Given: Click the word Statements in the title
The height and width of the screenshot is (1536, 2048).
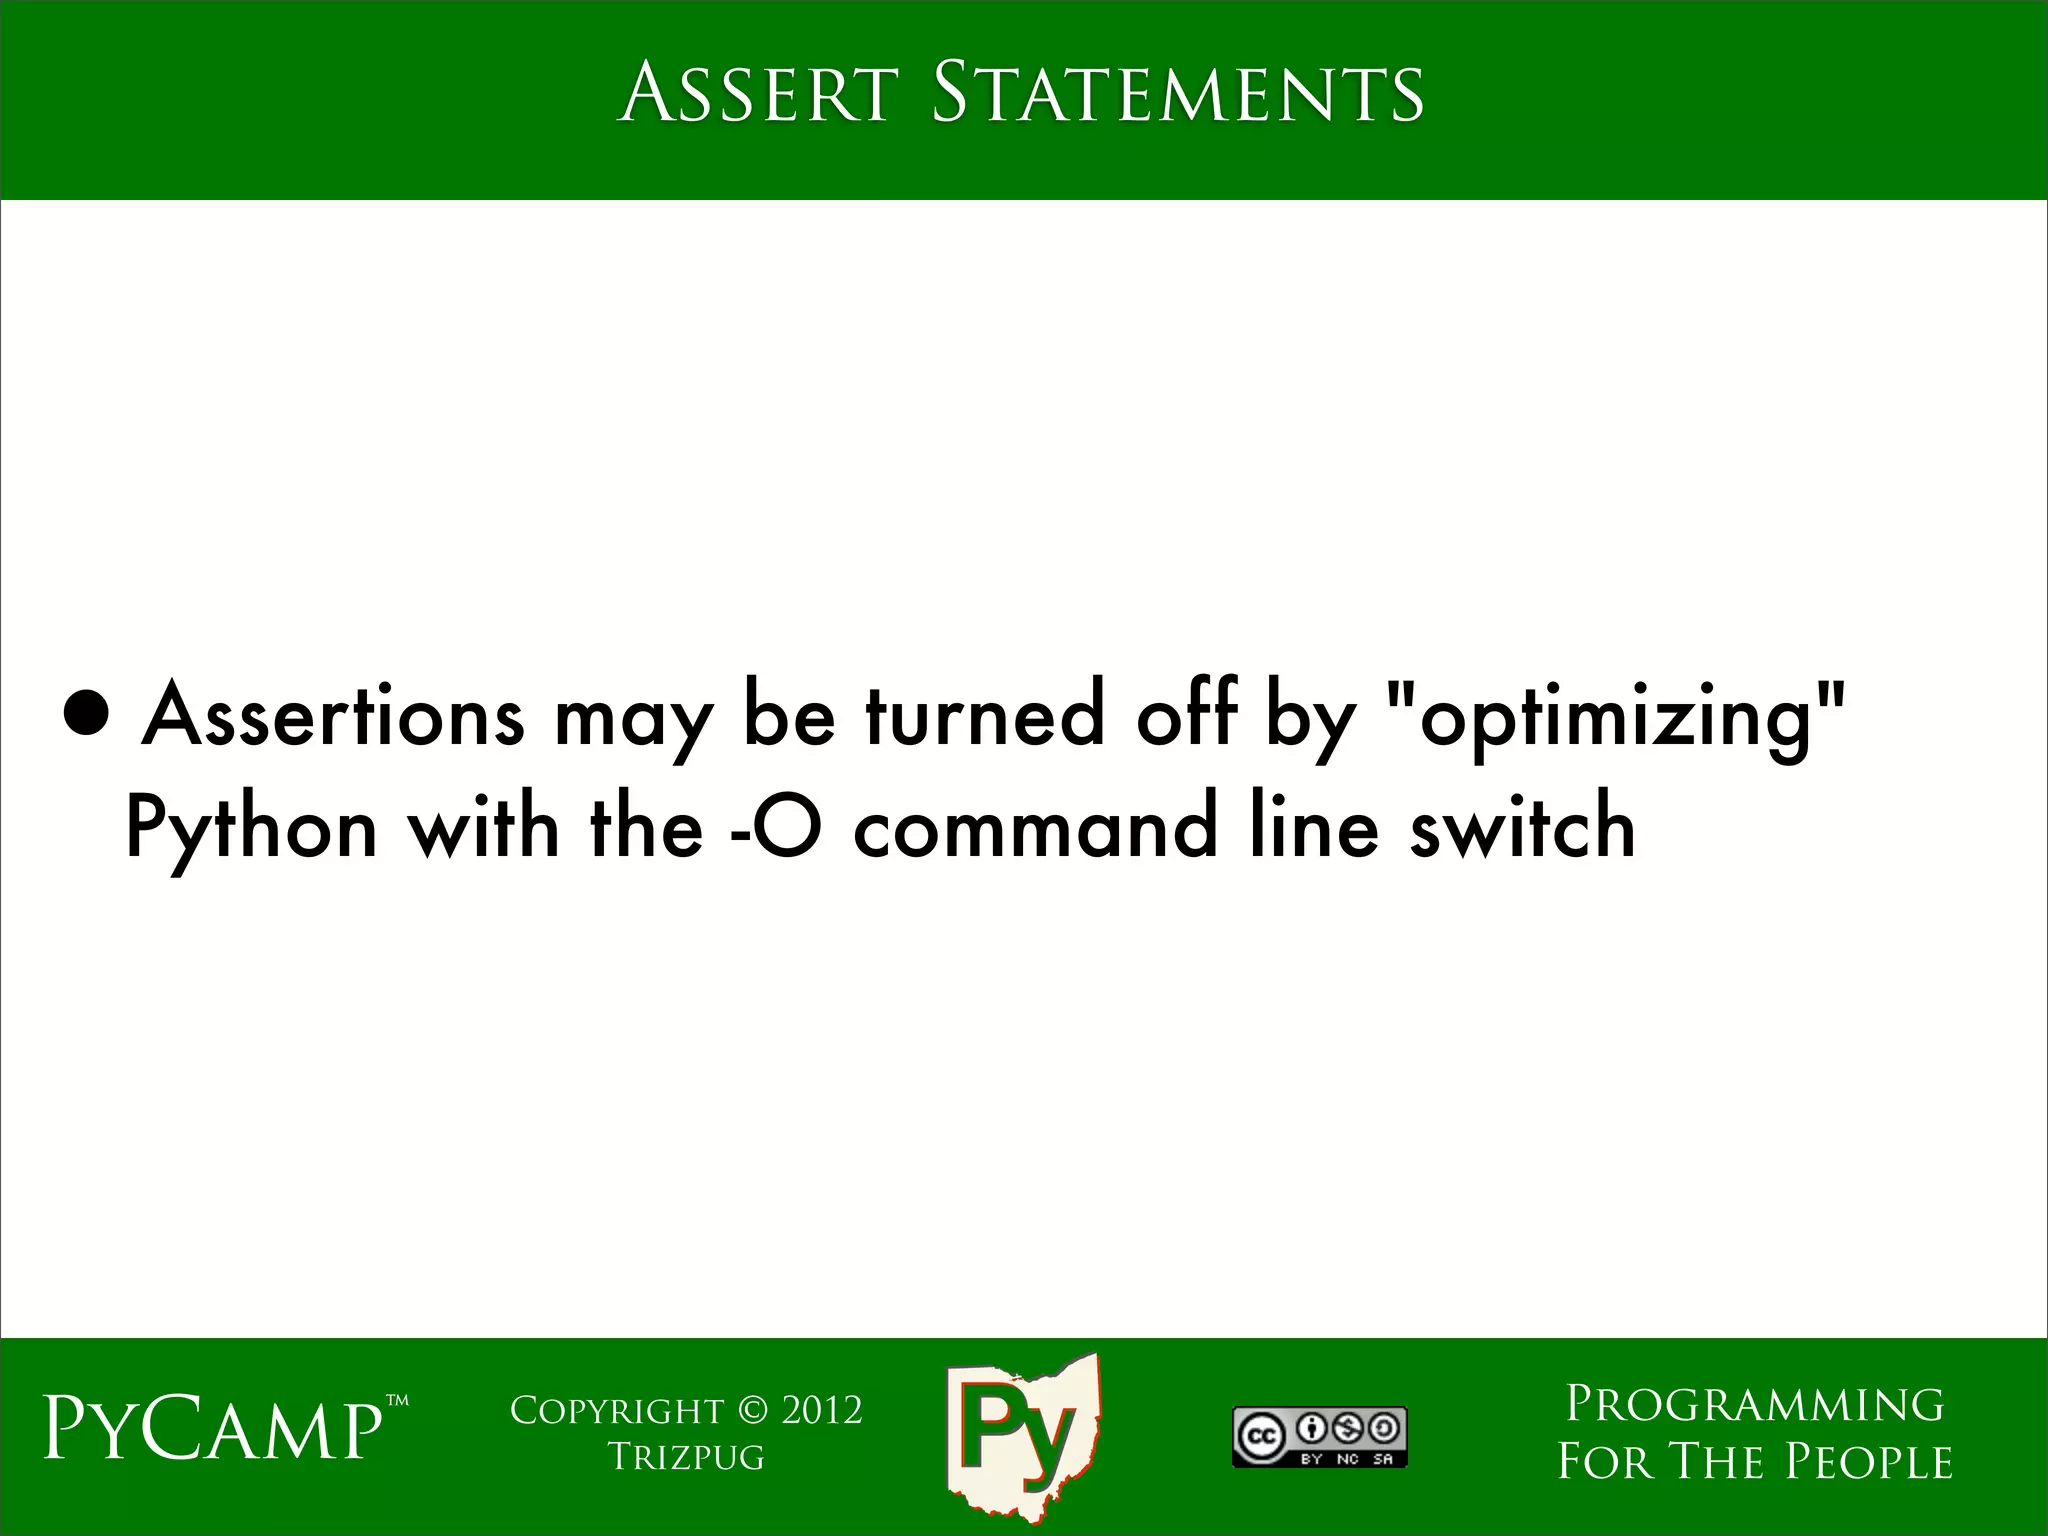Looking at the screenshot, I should pyautogui.click(x=1177, y=94).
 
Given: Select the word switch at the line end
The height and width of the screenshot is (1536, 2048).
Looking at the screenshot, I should pyautogui.click(x=1522, y=830).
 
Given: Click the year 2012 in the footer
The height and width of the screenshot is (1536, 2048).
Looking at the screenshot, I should pyautogui.click(x=821, y=1411).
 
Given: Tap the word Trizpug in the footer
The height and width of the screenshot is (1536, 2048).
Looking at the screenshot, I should pyautogui.click(x=687, y=1457).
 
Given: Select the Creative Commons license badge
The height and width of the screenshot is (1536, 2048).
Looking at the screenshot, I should pyautogui.click(x=1320, y=1437).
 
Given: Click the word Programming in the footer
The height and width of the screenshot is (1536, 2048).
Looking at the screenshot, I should pyautogui.click(x=1755, y=1404).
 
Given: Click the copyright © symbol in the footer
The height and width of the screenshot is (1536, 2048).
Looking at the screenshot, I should pyautogui.click(x=752, y=1411).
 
